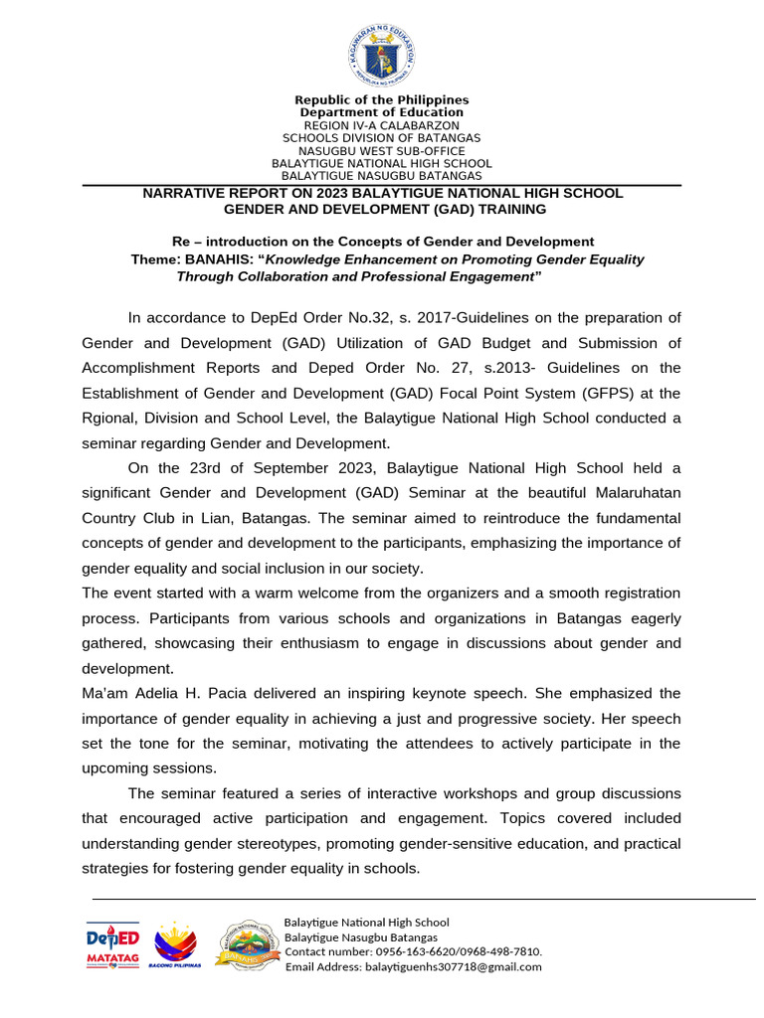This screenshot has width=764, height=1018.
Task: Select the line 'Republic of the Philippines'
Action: coord(382,100)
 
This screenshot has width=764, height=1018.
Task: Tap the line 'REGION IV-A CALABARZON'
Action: coord(382,126)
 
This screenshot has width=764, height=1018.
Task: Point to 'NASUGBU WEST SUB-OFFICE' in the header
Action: coord(382,151)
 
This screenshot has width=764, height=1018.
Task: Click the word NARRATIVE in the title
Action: coord(186,193)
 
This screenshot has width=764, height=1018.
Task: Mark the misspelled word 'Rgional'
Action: coord(106,418)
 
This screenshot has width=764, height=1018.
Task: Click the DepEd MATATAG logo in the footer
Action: coord(112,945)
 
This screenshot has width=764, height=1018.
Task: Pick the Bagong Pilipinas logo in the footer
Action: coord(175,945)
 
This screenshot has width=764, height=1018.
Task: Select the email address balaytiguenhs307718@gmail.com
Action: coord(454,966)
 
